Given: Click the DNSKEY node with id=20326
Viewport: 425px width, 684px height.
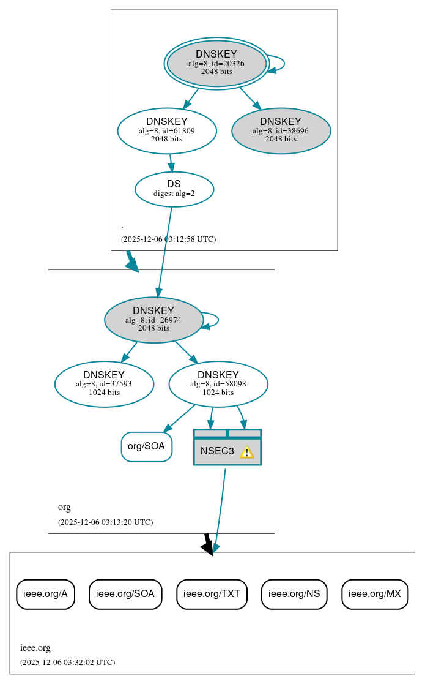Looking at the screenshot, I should [x=216, y=63].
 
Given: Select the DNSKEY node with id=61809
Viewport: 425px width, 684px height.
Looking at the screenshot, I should [x=167, y=130].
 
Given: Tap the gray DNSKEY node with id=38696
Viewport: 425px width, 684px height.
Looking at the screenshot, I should [x=281, y=130].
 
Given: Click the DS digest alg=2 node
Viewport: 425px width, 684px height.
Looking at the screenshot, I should [x=174, y=189].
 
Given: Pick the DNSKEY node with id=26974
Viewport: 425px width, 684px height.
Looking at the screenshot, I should [x=153, y=320].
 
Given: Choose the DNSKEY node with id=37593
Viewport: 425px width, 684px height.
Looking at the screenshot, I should [x=104, y=384].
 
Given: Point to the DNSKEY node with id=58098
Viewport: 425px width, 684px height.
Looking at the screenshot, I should [x=218, y=384].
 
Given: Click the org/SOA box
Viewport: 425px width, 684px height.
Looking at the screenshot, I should [x=146, y=446].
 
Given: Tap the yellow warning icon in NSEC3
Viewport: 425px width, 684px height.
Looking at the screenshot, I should [x=246, y=452].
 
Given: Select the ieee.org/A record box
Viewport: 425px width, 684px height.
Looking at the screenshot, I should [x=45, y=594].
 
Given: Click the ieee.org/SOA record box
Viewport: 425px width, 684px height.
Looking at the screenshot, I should [x=125, y=594].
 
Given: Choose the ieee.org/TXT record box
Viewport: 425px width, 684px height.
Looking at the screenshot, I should [x=212, y=594].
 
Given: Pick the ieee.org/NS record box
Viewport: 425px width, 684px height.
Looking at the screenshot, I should [x=294, y=594].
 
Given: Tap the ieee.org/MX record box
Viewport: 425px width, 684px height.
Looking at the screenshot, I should [x=374, y=594].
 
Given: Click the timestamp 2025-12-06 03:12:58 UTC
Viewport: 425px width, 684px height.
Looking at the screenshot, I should [x=168, y=239].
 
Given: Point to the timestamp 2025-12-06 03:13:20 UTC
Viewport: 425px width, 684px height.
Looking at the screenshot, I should [x=105, y=522].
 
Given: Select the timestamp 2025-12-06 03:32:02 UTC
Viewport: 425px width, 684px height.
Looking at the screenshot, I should [x=67, y=663].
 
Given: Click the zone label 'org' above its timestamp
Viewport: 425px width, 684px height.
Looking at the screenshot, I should [x=64, y=507].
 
